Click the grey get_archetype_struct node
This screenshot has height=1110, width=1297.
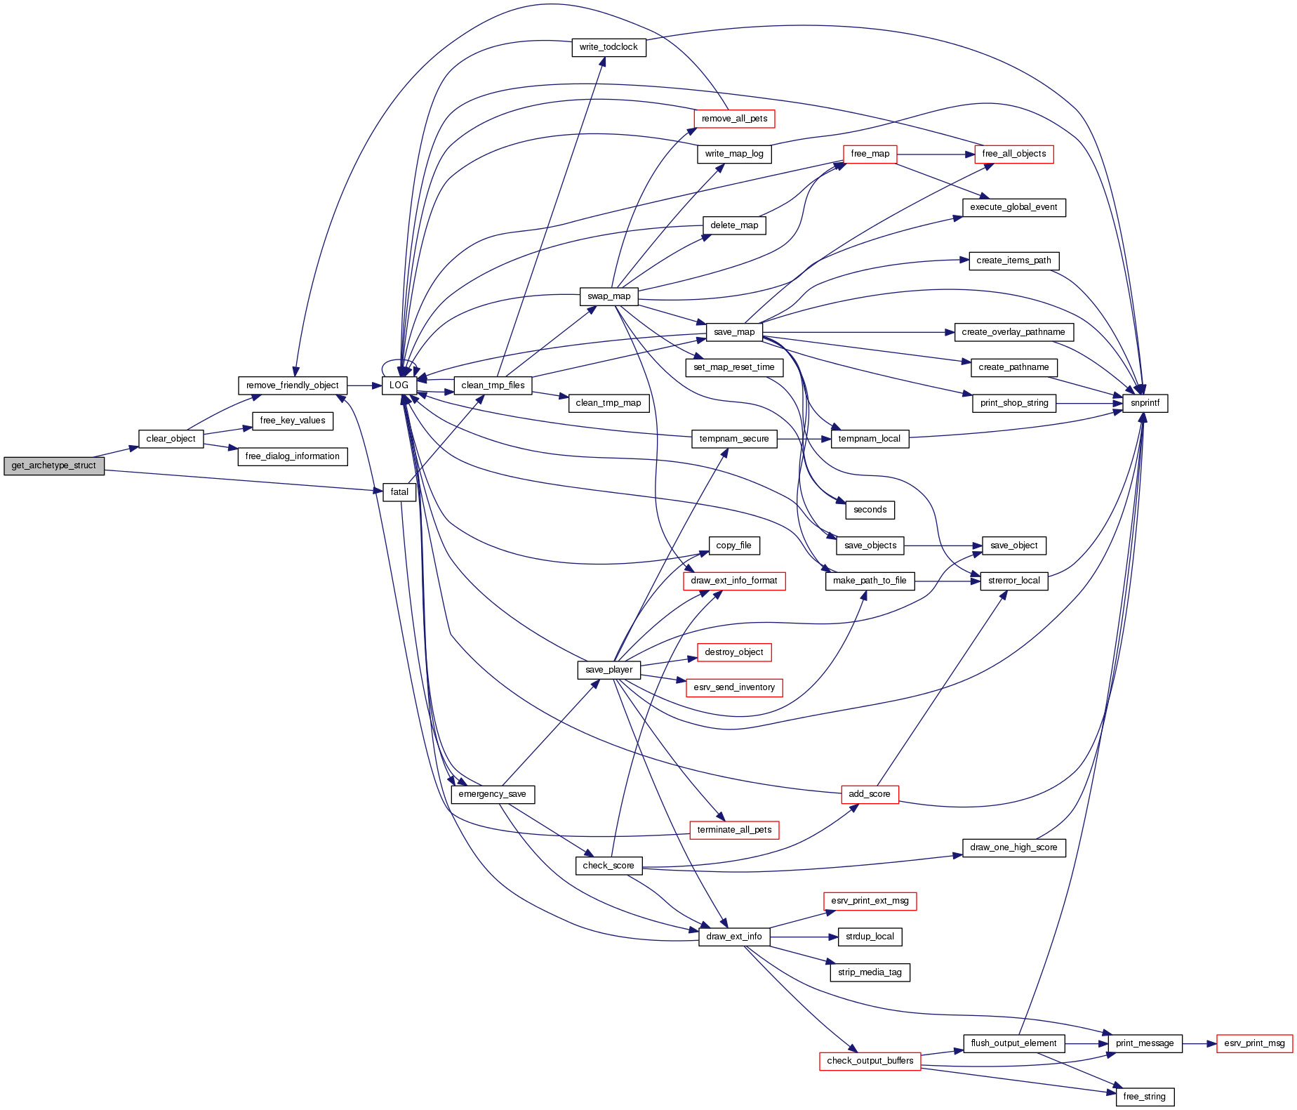pos(54,465)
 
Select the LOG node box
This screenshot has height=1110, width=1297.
pos(399,385)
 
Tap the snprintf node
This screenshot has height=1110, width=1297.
pos(1145,403)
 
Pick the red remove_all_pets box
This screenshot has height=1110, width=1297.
pos(734,119)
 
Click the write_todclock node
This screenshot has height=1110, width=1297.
pos(608,47)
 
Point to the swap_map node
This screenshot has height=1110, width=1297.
pos(608,296)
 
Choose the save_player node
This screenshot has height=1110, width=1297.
pos(608,670)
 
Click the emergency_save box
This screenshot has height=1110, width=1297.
pos(492,794)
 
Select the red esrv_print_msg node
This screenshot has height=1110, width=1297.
pos(1254,1043)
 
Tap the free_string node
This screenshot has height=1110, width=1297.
pos(1144,1096)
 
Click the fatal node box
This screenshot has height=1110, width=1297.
pos(399,492)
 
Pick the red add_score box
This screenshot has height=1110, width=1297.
pos(869,794)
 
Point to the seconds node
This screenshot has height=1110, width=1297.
pos(870,510)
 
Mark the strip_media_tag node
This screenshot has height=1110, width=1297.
pos(870,972)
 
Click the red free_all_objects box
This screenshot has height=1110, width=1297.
pos(1013,154)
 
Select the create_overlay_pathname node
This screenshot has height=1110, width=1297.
pos(1013,332)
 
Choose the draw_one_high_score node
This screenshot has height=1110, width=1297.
pos(1013,847)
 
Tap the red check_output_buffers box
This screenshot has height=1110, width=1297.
pos(870,1061)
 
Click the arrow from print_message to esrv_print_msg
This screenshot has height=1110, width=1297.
pos(1199,1043)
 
